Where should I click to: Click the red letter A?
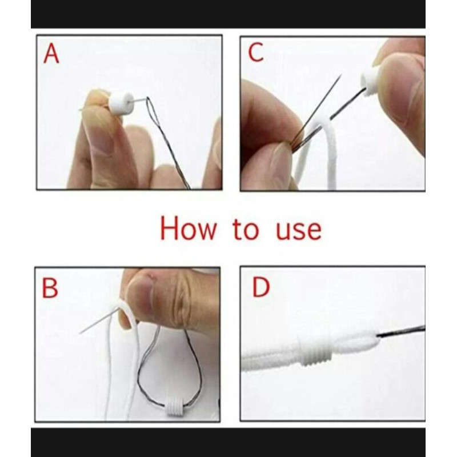51,54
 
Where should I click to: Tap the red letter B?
50,288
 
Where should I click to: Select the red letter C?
255,52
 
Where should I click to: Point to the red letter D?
261,287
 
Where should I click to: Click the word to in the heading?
246,230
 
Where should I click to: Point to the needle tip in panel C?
340,75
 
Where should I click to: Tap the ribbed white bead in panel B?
174,407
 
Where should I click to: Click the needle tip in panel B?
80,333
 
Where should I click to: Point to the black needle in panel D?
401,332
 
